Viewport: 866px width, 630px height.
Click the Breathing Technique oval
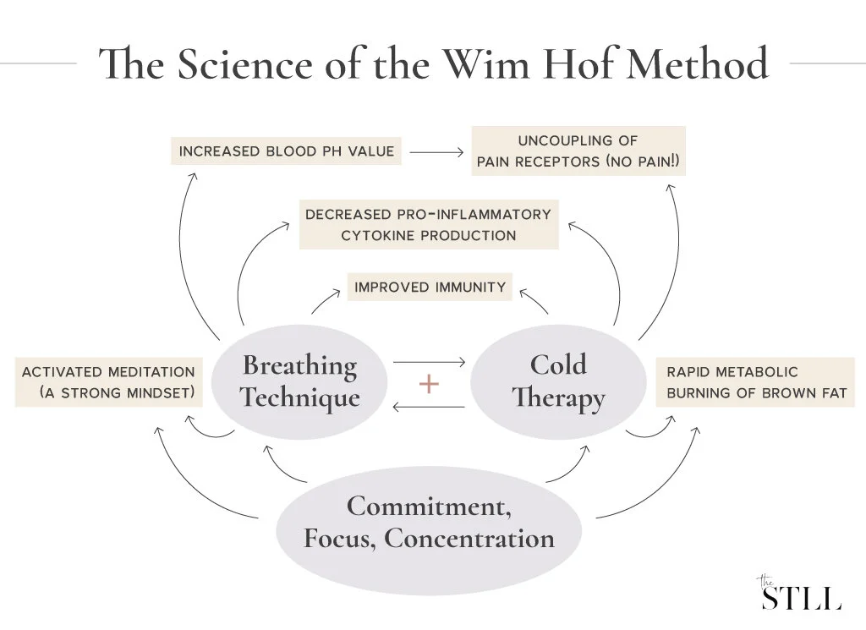(x=299, y=381)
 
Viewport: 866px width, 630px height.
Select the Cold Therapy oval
(x=558, y=381)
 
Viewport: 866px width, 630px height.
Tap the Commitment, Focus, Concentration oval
(x=430, y=522)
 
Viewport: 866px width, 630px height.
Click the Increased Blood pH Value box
(x=287, y=152)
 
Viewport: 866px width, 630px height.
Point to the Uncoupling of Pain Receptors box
(x=578, y=151)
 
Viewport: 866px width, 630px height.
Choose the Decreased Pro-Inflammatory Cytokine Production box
(x=428, y=224)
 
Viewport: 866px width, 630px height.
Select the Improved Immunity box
(x=430, y=287)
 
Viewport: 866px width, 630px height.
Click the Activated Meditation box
(x=108, y=382)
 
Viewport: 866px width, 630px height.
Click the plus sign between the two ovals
(x=430, y=384)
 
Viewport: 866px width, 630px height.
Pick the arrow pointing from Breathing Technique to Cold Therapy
(x=430, y=362)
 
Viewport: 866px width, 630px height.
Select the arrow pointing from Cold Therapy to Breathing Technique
(x=430, y=408)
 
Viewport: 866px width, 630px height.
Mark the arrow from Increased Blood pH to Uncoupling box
(x=436, y=152)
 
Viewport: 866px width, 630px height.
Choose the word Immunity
(x=469, y=287)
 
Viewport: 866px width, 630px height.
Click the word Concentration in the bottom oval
(x=470, y=539)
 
